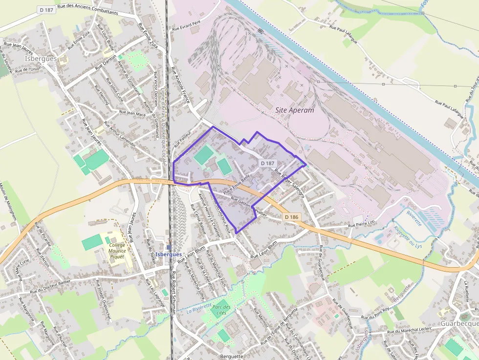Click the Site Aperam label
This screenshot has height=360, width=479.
point(295,110)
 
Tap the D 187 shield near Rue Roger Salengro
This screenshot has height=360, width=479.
point(268,163)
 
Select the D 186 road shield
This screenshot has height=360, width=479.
point(292,216)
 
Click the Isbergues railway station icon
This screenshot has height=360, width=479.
point(169,248)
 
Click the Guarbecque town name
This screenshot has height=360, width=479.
point(459,324)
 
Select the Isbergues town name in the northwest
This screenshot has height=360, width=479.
point(40,59)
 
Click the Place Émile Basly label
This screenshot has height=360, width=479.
point(236,184)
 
